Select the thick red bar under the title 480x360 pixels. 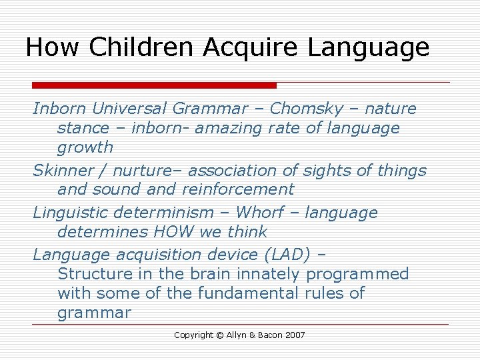coord(154,85)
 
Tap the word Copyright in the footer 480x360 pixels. coord(193,335)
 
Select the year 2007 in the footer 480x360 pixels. coord(295,335)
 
